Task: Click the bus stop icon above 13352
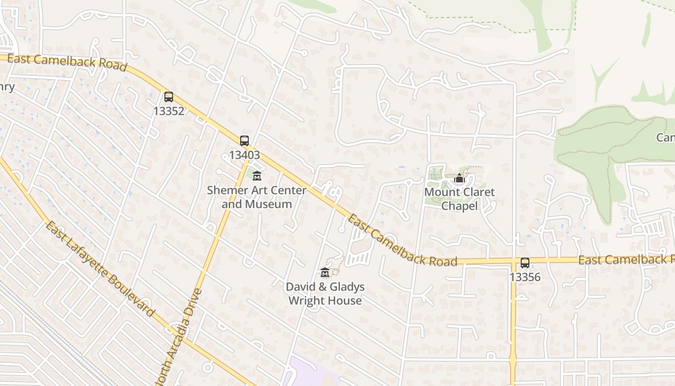pos(168,97)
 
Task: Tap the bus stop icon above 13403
pos(244,141)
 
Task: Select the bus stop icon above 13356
pos(525,263)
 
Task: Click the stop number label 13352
pos(168,111)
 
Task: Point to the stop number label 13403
pos(244,155)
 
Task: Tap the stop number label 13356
pos(525,277)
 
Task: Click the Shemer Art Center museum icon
pos(257,176)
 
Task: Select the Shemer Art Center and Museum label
pos(257,197)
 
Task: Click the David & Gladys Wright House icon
pos(325,273)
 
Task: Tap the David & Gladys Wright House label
pos(325,293)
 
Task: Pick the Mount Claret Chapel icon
pos(459,179)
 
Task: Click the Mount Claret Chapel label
pos(459,199)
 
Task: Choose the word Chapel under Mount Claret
pos(459,206)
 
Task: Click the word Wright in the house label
pos(306,301)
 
